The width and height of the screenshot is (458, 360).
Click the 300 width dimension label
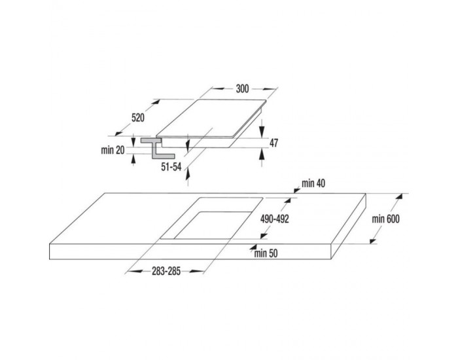tap(242, 88)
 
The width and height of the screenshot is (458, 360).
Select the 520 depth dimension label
tap(138, 118)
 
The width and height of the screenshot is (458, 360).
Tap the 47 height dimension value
tap(273, 143)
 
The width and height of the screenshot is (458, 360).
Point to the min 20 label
tap(113, 150)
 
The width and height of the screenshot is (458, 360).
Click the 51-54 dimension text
tap(171, 167)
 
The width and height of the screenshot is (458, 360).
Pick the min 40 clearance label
tap(313, 183)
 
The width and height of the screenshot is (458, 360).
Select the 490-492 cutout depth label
tap(275, 219)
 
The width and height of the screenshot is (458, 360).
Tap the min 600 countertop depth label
tap(385, 219)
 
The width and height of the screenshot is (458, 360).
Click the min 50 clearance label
tap(266, 253)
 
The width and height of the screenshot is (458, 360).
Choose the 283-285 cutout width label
tap(166, 272)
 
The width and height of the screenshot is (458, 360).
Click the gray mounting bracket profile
tap(157, 149)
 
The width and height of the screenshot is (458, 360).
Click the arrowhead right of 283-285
tap(196, 272)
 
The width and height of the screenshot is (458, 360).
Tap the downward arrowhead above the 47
tap(262, 130)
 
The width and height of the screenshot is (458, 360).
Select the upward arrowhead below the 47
tap(262, 154)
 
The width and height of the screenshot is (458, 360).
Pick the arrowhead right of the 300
tap(269, 89)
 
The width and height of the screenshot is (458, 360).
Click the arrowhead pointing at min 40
tap(297, 190)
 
